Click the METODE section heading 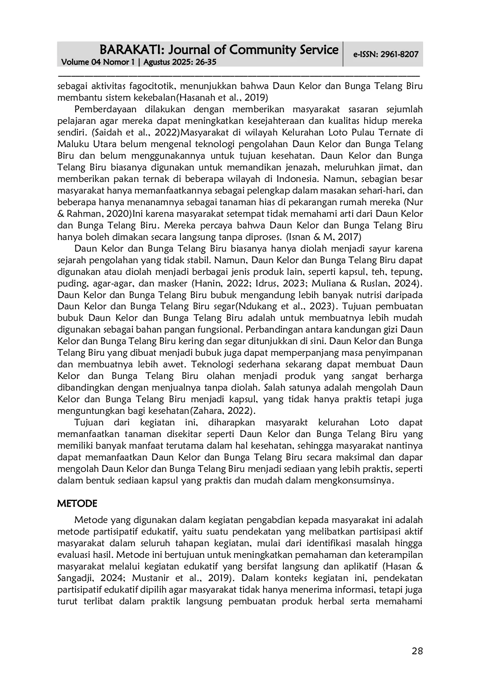tap(77, 504)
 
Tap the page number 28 tap(417, 651)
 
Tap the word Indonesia tap(297, 179)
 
